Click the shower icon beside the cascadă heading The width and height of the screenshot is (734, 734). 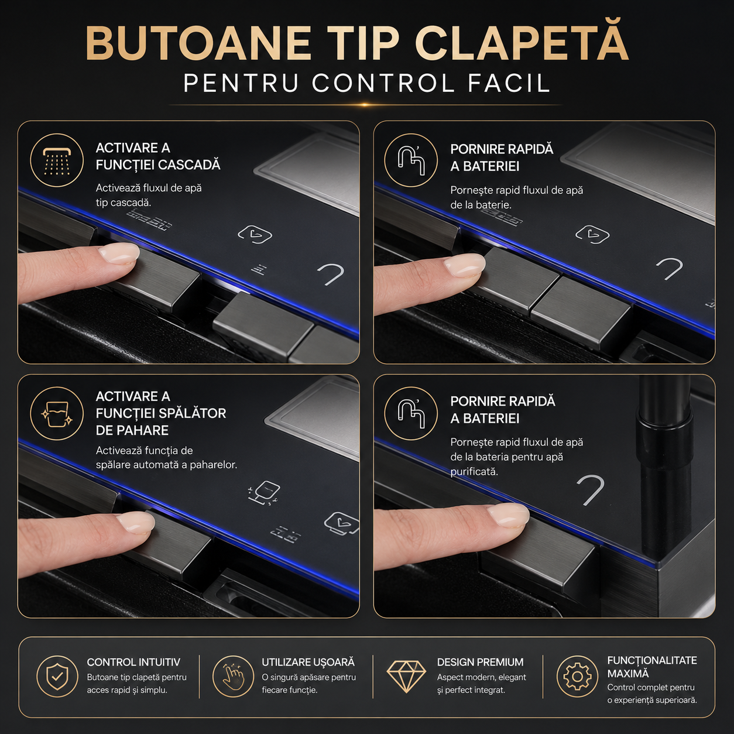click(x=56, y=160)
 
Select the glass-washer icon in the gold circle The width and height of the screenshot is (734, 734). click(x=56, y=413)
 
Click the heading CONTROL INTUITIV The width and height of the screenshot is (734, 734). click(x=133, y=662)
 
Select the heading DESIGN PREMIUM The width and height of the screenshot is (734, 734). click(x=481, y=662)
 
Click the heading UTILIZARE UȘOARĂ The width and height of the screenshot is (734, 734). click(x=308, y=662)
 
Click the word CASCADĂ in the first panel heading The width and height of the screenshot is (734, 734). click(x=189, y=164)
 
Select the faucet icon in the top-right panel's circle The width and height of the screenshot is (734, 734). click(x=411, y=160)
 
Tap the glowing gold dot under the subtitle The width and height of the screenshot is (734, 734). click(x=365, y=104)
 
